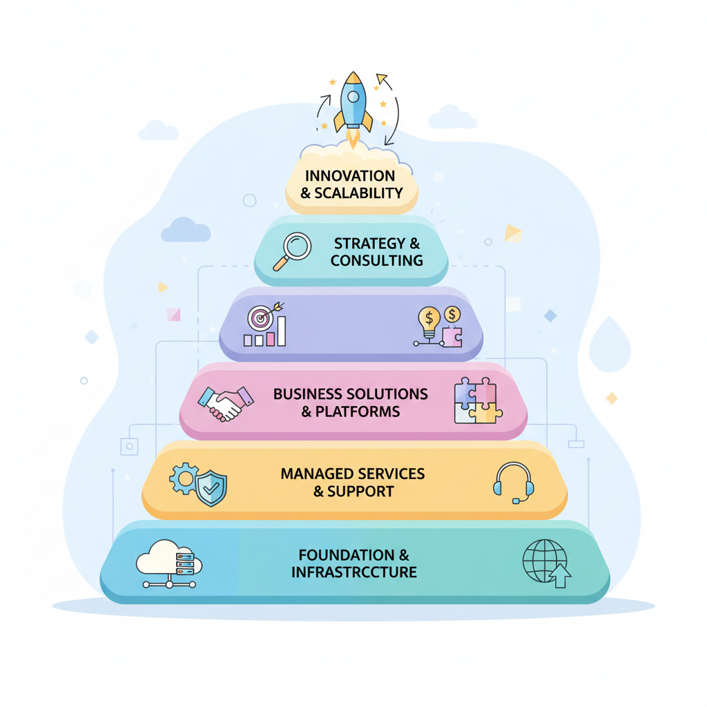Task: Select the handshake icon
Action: (225, 403)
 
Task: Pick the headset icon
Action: (513, 481)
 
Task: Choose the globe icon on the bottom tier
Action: (545, 562)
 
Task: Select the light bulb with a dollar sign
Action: (429, 321)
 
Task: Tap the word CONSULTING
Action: (376, 260)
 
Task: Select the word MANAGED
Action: (313, 474)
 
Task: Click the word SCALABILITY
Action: (358, 193)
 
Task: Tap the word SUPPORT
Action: (360, 492)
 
